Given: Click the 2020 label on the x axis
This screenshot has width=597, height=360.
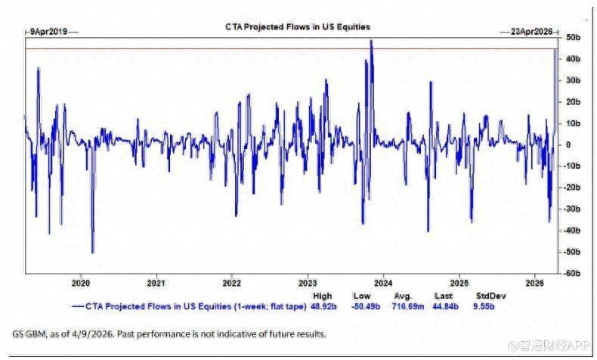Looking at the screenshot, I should pyautogui.click(x=81, y=284).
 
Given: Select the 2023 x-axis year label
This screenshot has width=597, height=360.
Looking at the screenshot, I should pyautogui.click(x=308, y=284).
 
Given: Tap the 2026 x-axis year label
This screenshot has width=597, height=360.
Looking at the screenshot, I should pyautogui.click(x=534, y=284).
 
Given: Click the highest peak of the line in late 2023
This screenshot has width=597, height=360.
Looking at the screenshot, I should pyautogui.click(x=371, y=41).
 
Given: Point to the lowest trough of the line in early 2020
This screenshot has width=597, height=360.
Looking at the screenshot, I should pyautogui.click(x=92, y=253).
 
